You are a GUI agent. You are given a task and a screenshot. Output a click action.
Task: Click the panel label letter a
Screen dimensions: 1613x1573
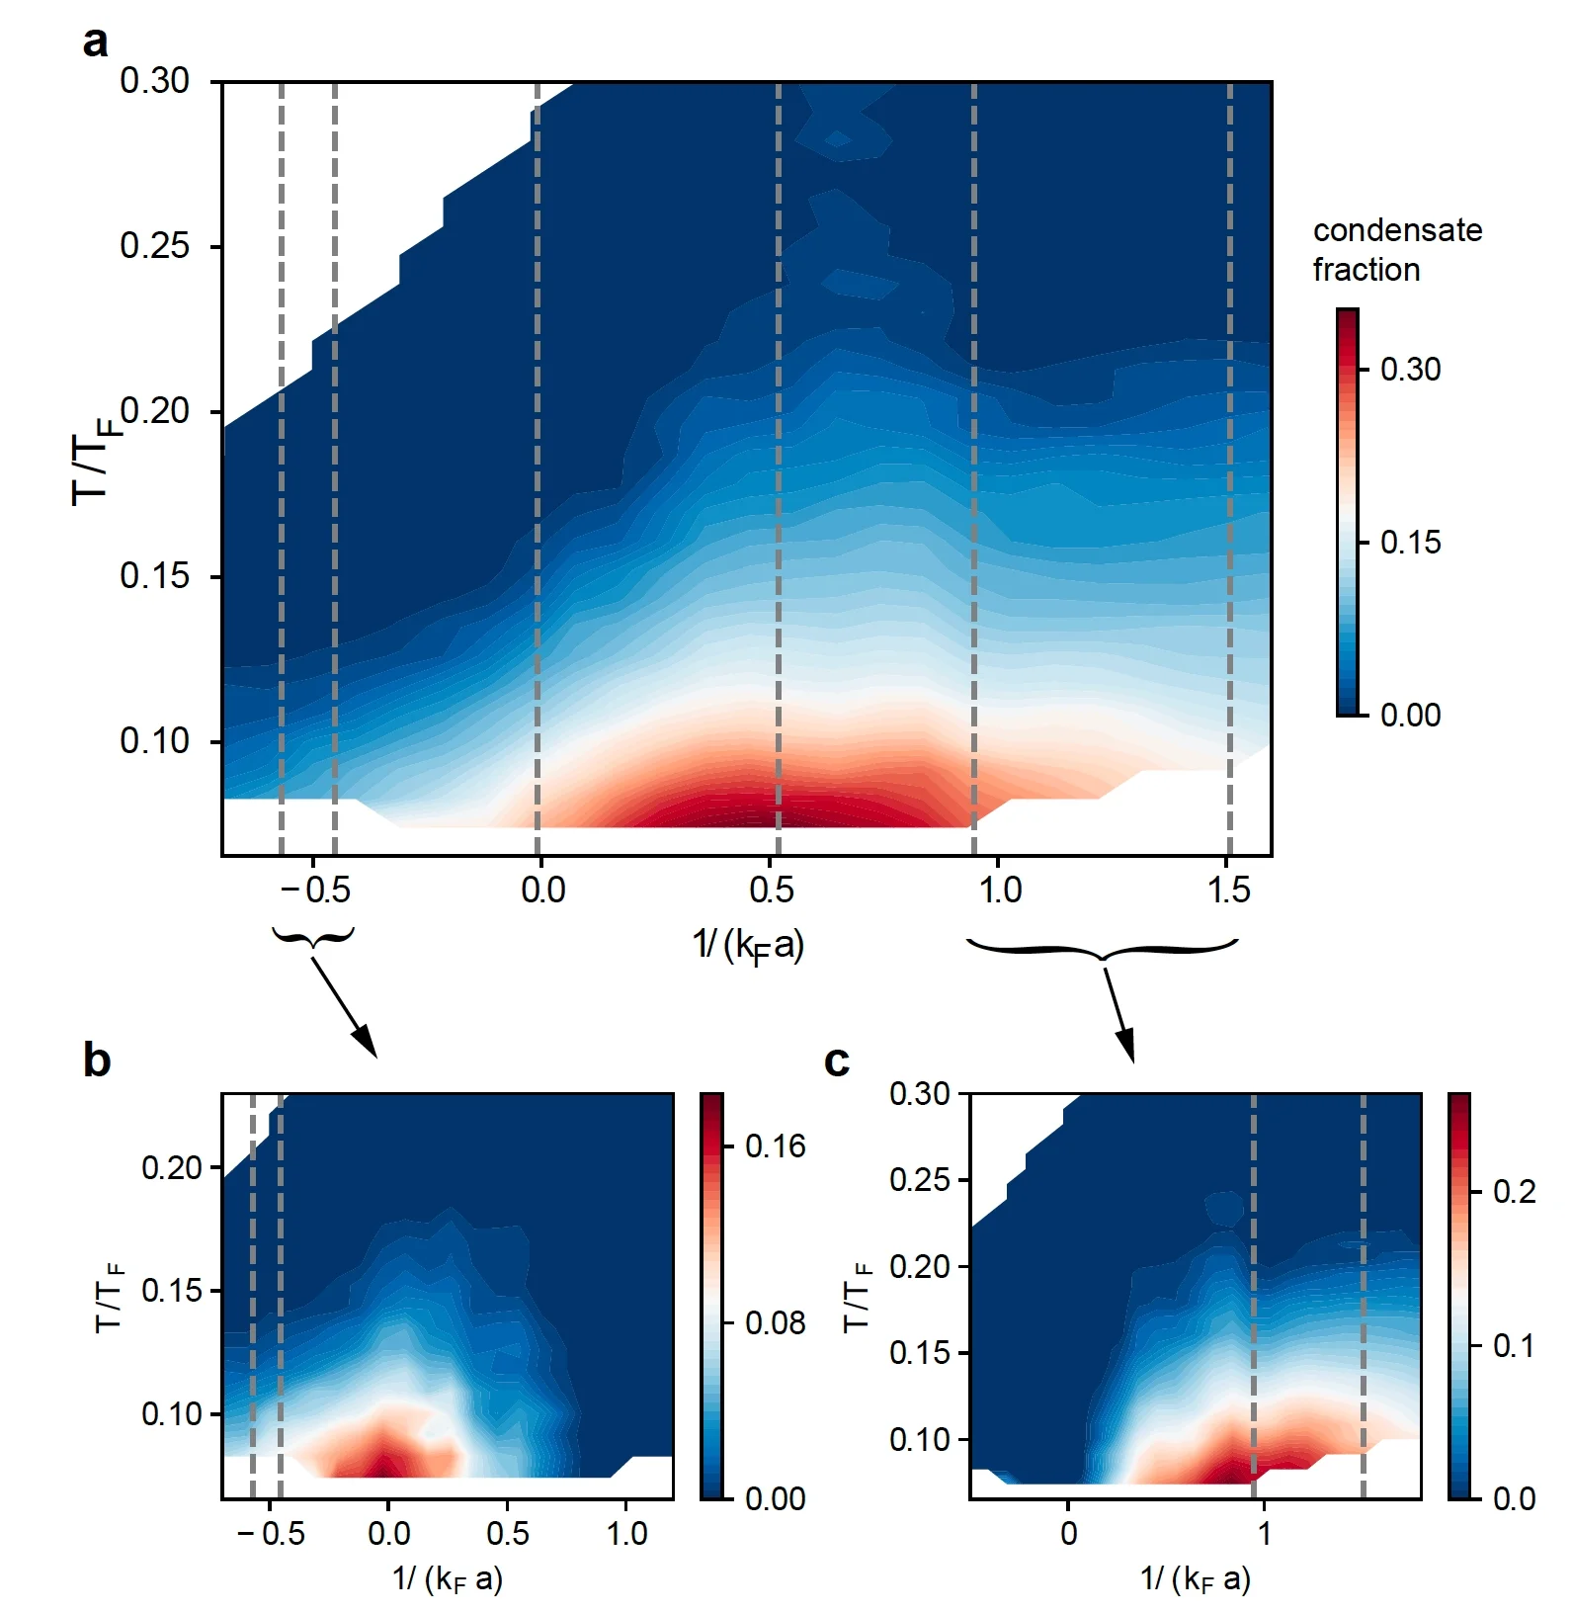[x=95, y=43]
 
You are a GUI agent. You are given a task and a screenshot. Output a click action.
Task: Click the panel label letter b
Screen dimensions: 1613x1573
[x=97, y=1061]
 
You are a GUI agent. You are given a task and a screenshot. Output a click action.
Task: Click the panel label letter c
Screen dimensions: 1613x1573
[x=837, y=1061]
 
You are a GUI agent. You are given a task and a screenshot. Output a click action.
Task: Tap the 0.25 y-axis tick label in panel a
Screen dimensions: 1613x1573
[x=154, y=246]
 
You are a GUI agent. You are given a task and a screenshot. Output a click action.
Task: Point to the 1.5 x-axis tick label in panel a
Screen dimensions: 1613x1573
[x=1228, y=891]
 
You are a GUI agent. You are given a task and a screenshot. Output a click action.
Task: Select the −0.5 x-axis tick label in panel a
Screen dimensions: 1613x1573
[x=315, y=891]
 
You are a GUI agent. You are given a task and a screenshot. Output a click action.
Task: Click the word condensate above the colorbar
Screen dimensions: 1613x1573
[x=1397, y=230]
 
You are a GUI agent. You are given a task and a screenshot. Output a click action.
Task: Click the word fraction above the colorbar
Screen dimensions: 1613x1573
[x=1366, y=270]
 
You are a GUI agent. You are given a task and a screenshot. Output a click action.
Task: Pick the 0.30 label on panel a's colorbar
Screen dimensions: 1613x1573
[x=1410, y=370]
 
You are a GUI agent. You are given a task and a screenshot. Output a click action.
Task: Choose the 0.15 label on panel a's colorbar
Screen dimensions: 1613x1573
[x=1410, y=543]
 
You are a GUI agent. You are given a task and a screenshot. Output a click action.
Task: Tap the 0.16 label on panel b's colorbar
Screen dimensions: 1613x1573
[x=775, y=1146]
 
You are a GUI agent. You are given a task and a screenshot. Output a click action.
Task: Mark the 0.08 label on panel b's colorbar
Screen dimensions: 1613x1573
[x=775, y=1322]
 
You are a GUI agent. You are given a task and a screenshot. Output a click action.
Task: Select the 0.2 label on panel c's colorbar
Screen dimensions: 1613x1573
[x=1514, y=1192]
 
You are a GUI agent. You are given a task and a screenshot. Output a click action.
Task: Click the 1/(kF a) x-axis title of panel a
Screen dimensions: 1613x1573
[x=748, y=946]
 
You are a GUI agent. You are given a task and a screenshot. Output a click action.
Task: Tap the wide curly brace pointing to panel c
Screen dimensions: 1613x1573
[x=1102, y=949]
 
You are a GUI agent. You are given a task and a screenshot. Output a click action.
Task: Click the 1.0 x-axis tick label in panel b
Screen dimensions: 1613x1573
[x=626, y=1534]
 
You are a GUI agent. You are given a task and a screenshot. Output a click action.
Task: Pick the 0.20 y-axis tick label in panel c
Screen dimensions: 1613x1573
[x=919, y=1266]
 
